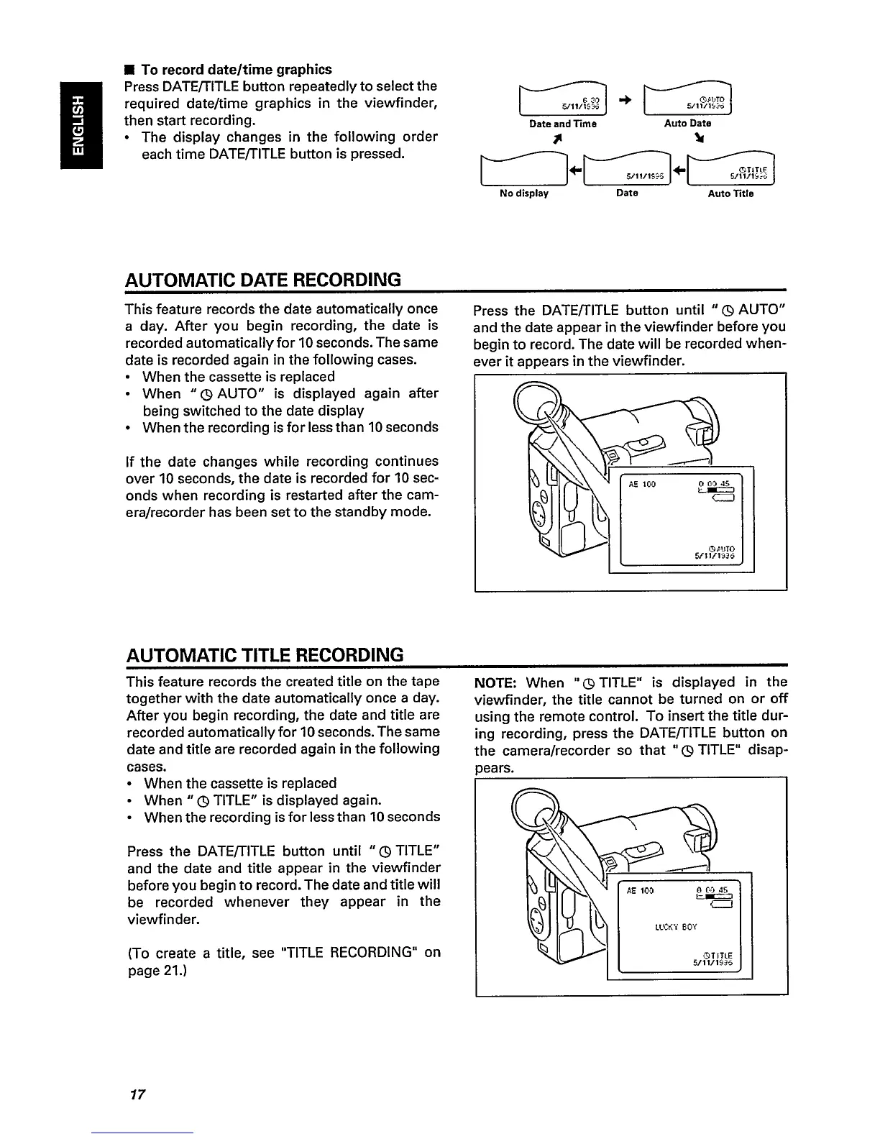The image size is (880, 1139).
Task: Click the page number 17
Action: tap(137, 1095)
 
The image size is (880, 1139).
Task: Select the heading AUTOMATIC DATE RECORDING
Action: tap(262, 279)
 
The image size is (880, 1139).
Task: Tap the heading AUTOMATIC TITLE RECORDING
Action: tap(264, 655)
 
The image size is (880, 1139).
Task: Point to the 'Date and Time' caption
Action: tap(563, 124)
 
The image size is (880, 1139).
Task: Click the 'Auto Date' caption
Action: tap(687, 124)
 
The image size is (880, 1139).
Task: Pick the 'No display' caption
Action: tap(524, 193)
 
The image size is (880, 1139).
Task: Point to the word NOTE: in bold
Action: tap(497, 682)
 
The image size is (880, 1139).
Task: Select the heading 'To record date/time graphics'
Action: tap(237, 70)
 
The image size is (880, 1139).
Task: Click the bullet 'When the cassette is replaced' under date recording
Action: tap(239, 377)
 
